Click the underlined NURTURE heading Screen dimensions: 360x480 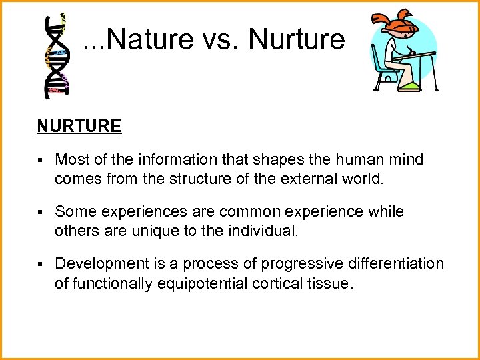pos(79,127)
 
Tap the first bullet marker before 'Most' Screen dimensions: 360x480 pos(41,160)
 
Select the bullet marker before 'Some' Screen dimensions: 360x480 pos(41,212)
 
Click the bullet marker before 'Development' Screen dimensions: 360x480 pos(41,264)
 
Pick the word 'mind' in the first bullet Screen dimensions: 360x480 pos(408,160)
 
